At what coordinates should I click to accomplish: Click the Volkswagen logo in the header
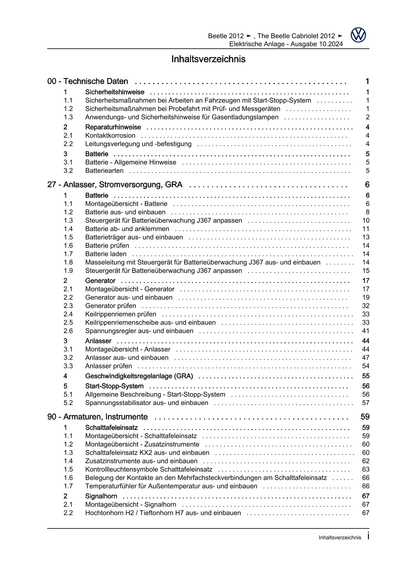(x=358, y=35)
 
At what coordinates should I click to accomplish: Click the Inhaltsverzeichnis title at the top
(x=208, y=59)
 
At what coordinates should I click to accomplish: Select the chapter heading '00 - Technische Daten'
(x=88, y=82)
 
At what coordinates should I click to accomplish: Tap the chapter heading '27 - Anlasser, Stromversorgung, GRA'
(x=115, y=185)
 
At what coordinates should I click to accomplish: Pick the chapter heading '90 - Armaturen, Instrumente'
(x=98, y=417)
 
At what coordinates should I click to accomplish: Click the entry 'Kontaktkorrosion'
(x=110, y=136)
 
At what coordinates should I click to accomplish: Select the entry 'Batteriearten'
(x=104, y=171)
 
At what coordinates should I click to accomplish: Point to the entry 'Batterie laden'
(x=106, y=254)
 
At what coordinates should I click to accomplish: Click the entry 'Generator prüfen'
(x=110, y=306)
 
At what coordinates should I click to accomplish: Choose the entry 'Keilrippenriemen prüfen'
(x=121, y=314)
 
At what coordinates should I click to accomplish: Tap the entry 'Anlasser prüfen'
(x=108, y=366)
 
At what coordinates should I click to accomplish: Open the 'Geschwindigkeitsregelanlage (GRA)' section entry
(x=139, y=376)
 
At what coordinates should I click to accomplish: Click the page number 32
(x=366, y=306)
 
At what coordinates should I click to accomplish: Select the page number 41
(x=366, y=331)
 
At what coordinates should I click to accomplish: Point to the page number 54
(x=366, y=366)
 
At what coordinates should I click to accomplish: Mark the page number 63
(x=366, y=469)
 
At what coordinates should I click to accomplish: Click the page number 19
(x=366, y=297)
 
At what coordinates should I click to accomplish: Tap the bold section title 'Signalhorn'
(x=101, y=496)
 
